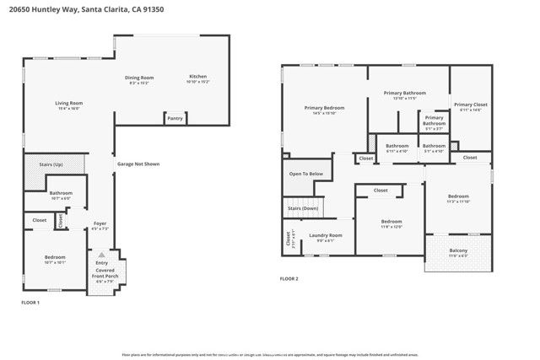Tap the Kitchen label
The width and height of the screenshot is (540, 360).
pyautogui.click(x=197, y=78)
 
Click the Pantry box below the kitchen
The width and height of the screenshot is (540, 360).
pyautogui.click(x=175, y=118)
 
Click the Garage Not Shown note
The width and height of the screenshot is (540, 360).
pyautogui.click(x=138, y=164)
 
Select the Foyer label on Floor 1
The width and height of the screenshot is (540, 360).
pyautogui.click(x=100, y=224)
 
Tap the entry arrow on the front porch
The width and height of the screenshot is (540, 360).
pyautogui.click(x=101, y=254)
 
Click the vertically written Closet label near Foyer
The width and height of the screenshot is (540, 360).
pyautogui.click(x=60, y=220)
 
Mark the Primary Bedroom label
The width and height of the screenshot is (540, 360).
pyautogui.click(x=324, y=108)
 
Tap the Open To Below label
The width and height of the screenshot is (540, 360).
pyautogui.click(x=305, y=174)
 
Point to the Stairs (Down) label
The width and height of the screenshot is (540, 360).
pyautogui.click(x=302, y=207)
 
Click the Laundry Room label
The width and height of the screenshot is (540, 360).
pyautogui.click(x=325, y=235)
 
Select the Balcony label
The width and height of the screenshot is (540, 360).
pyautogui.click(x=458, y=250)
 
